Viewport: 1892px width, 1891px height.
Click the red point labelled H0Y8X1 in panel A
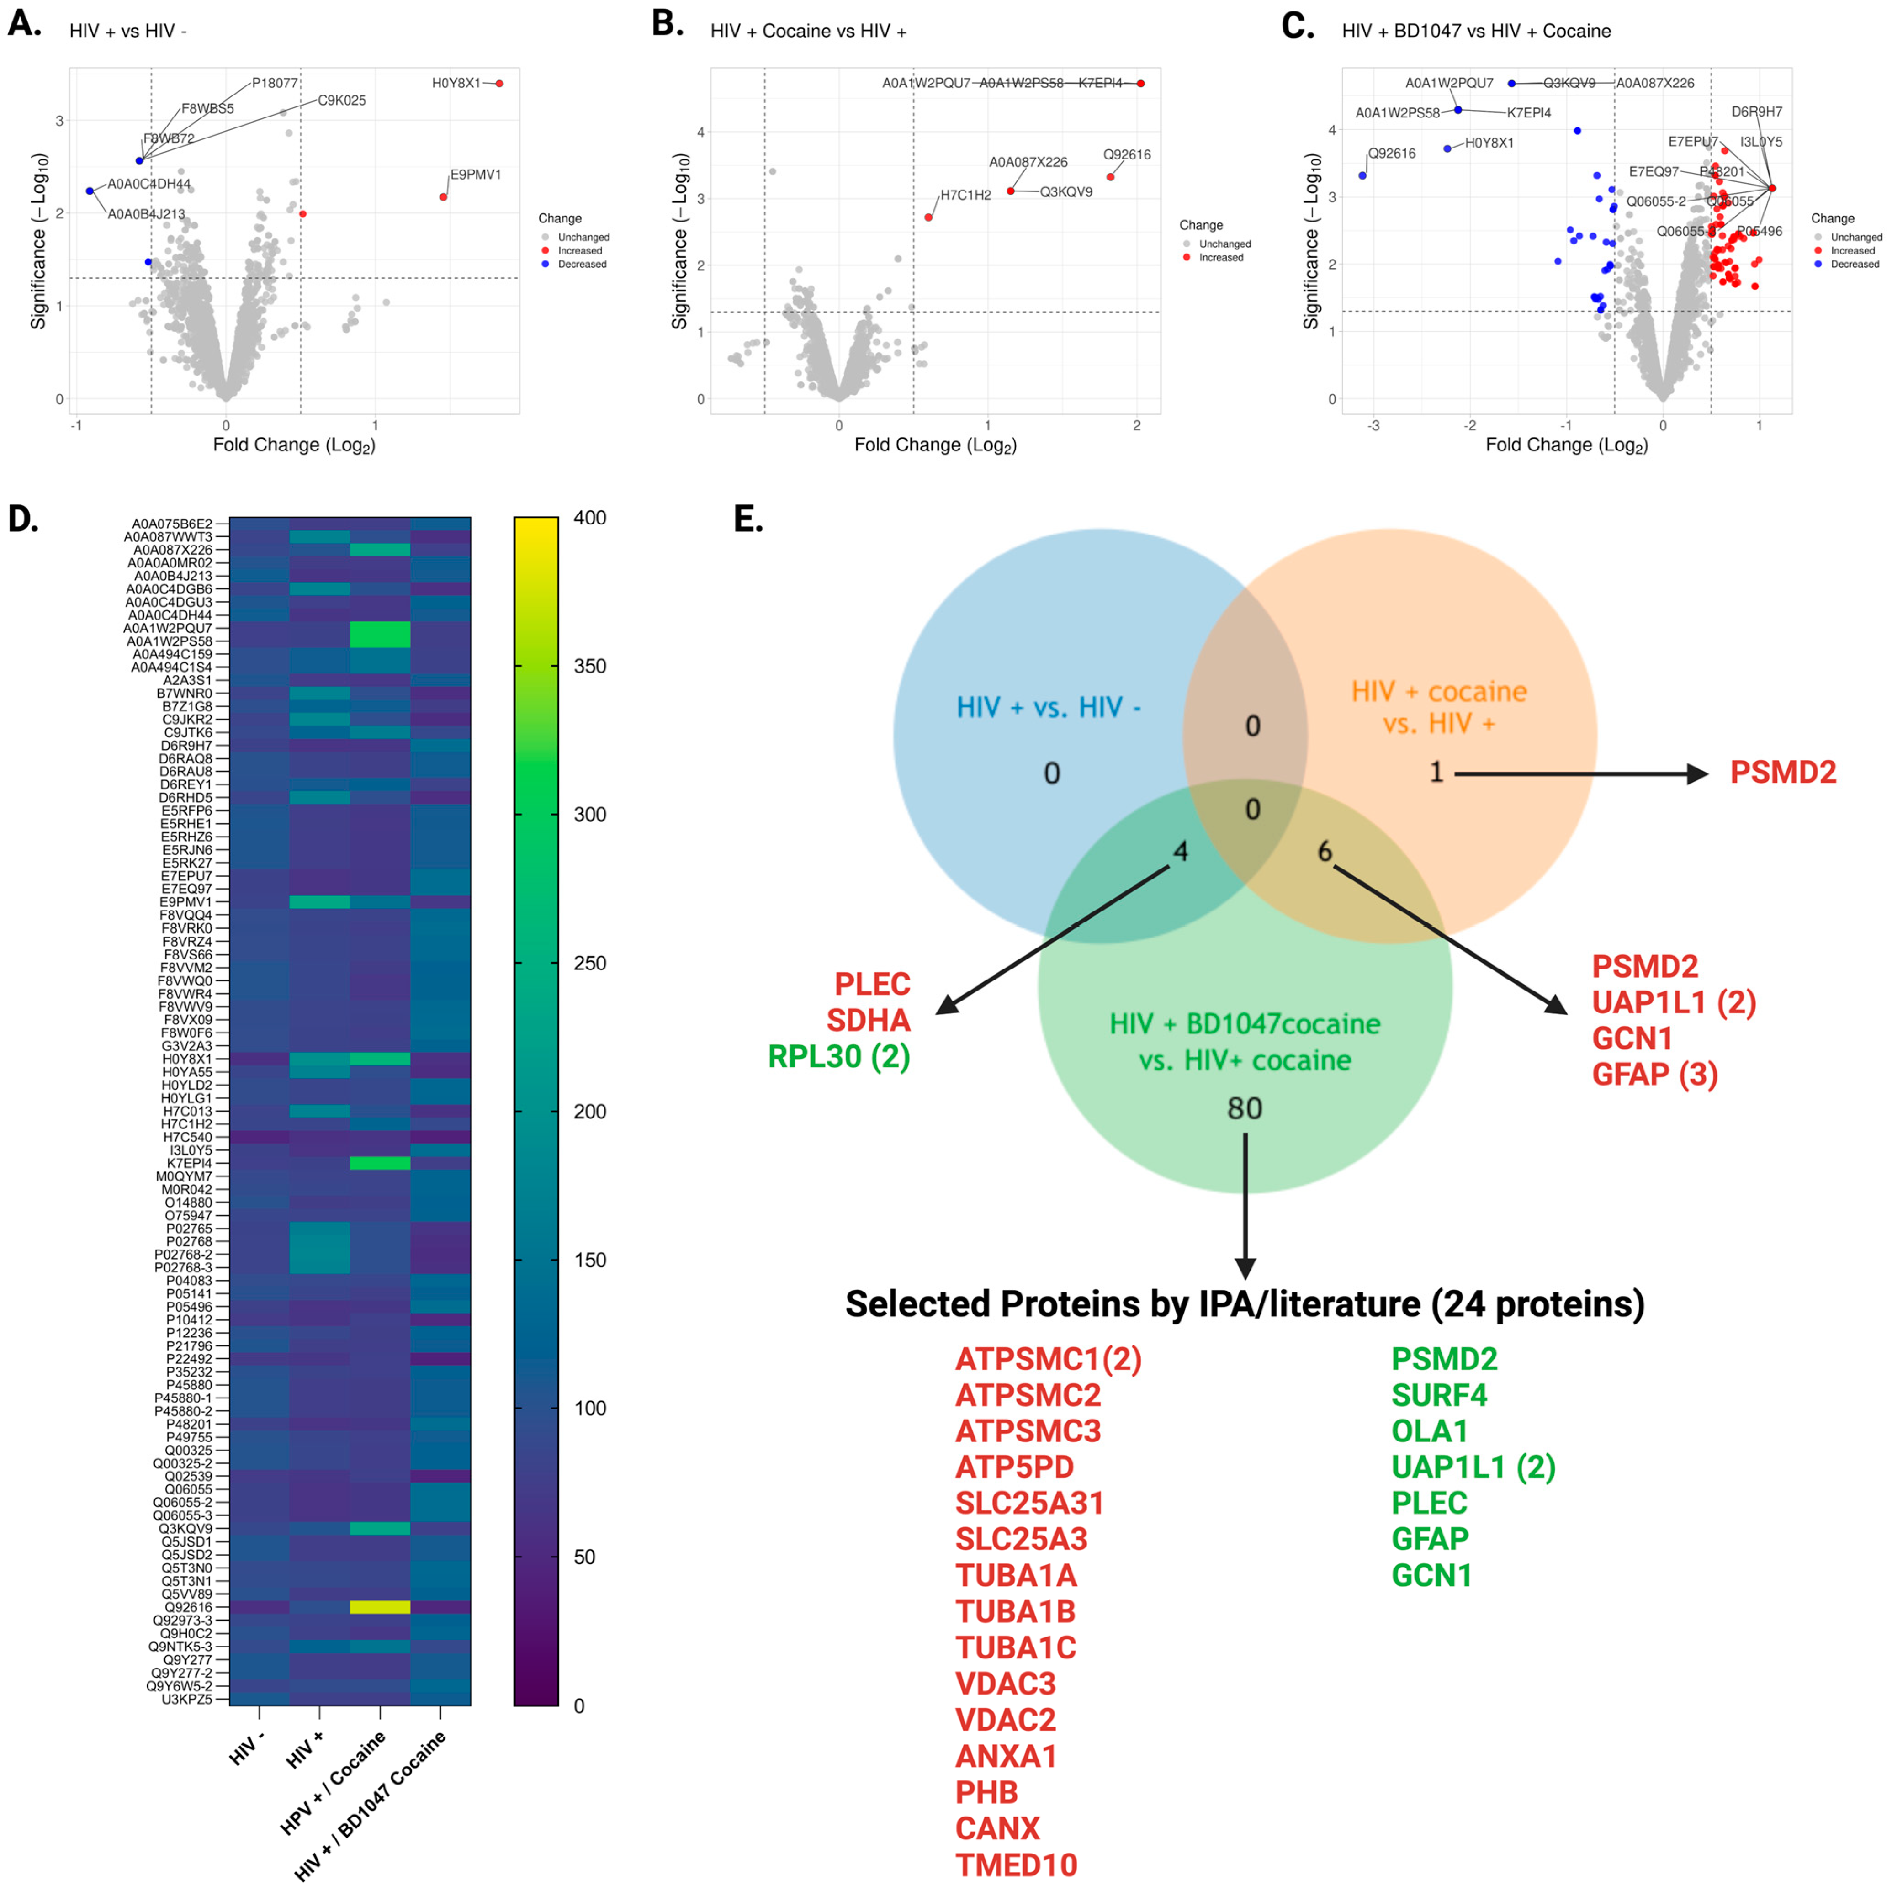pyautogui.click(x=499, y=83)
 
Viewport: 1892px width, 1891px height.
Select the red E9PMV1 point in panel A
pyautogui.click(x=444, y=197)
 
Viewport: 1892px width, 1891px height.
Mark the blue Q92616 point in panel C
pyautogui.click(x=1362, y=175)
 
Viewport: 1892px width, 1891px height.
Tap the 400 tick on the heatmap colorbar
pyautogui.click(x=589, y=518)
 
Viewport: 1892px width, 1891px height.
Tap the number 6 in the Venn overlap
pyautogui.click(x=1324, y=851)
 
